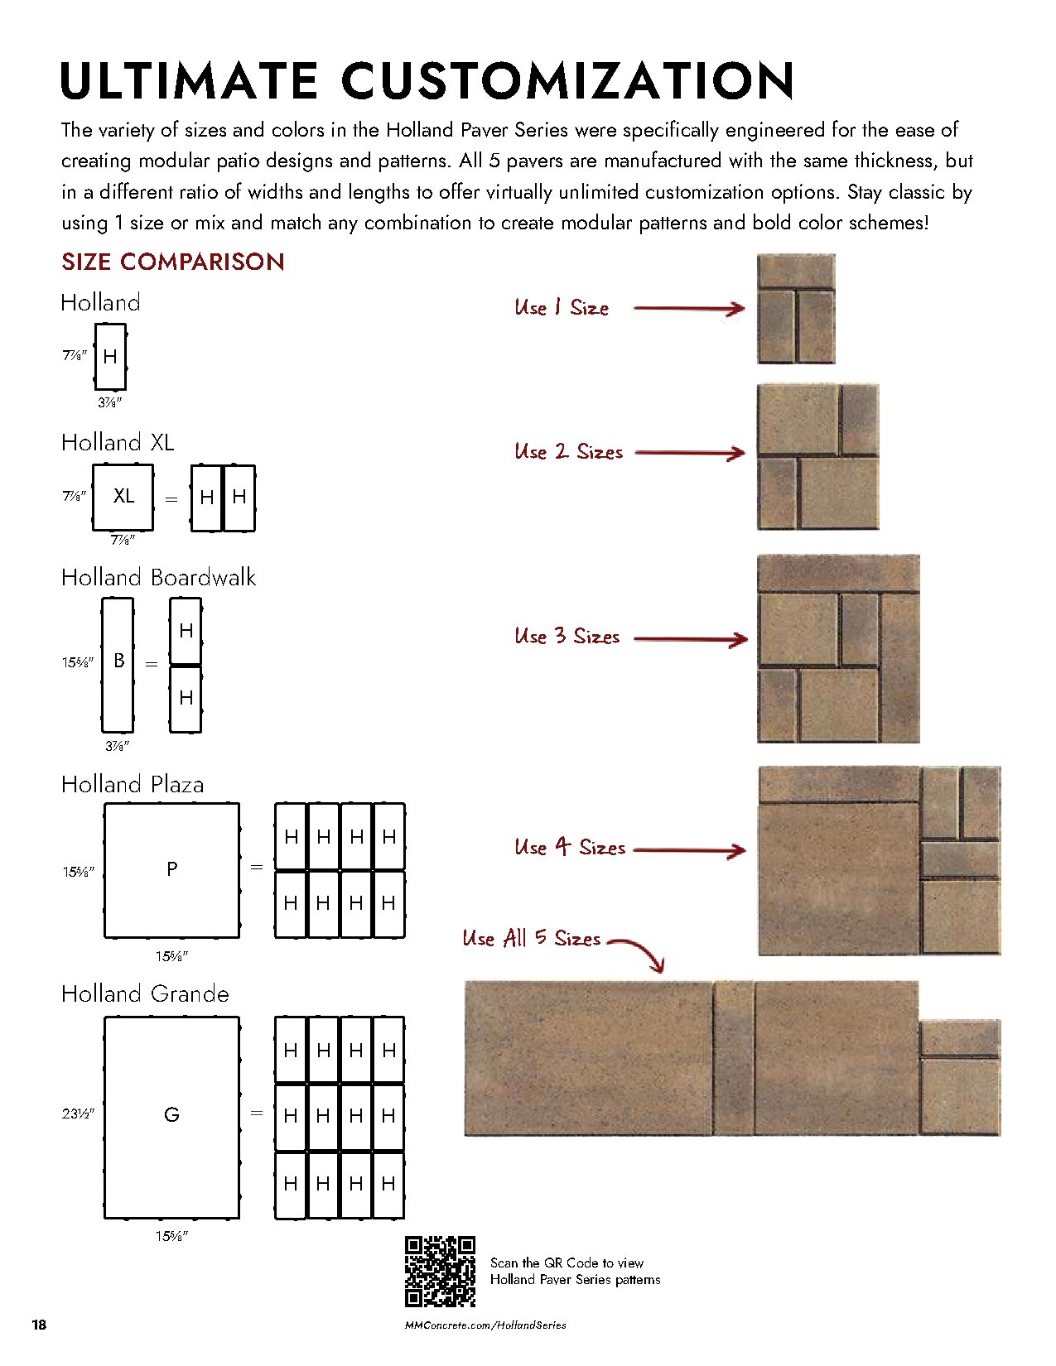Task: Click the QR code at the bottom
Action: point(440,1271)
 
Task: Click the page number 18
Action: point(39,1325)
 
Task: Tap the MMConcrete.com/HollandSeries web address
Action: point(485,1325)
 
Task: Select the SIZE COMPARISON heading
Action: point(173,262)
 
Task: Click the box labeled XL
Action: point(123,497)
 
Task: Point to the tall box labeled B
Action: point(118,663)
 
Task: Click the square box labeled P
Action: point(171,869)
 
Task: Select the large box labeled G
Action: point(171,1116)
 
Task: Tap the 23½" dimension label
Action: point(78,1113)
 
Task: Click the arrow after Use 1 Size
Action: point(689,309)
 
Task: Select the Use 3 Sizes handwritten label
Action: point(567,637)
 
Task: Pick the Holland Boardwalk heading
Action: point(158,577)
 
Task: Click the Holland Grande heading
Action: point(145,993)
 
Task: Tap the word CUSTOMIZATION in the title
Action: point(567,80)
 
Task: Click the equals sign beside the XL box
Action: point(171,499)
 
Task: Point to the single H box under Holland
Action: point(110,357)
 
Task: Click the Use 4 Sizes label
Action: point(569,848)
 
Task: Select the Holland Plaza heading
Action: point(133,784)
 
